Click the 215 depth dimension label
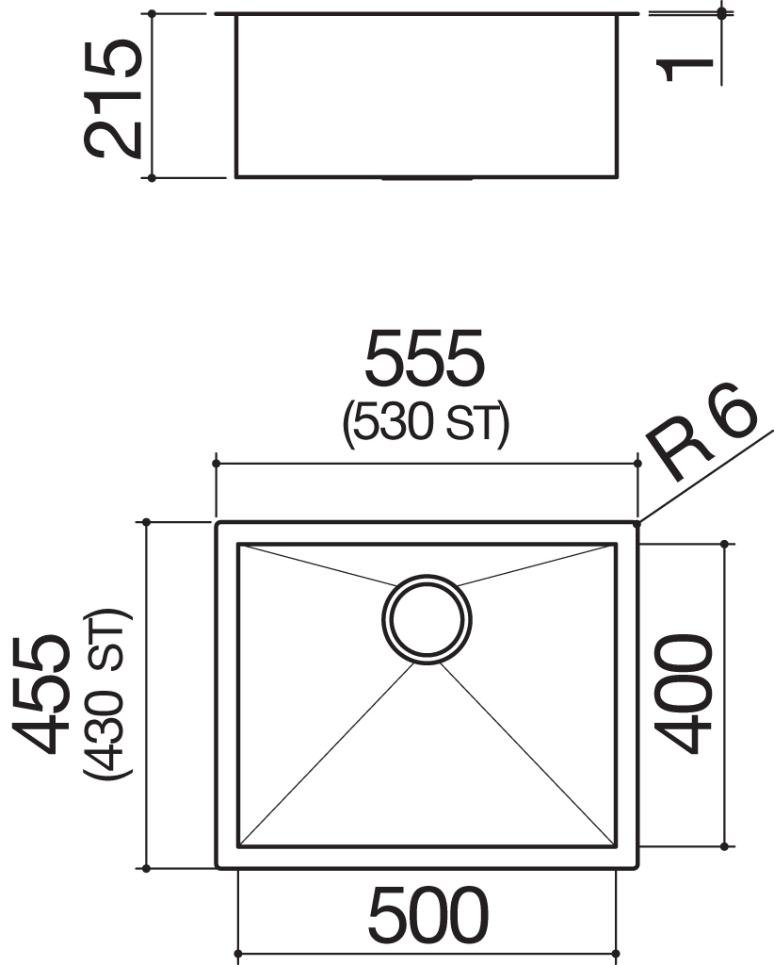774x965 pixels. point(113,100)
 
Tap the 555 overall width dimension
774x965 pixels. point(425,358)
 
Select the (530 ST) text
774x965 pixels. point(426,423)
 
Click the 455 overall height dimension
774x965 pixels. point(40,695)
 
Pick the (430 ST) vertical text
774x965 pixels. point(108,695)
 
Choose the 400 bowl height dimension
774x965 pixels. point(683,695)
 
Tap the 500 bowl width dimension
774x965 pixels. point(428,915)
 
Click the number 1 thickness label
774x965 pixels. point(685,70)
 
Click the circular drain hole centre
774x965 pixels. point(427,620)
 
